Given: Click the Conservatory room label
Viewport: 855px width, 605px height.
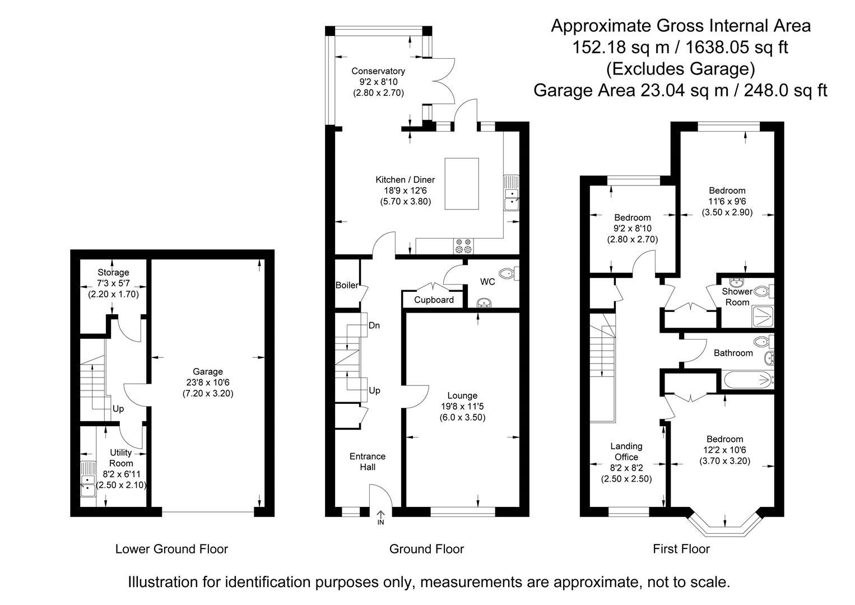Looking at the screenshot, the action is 378,71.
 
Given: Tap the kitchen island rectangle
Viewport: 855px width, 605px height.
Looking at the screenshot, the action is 462,184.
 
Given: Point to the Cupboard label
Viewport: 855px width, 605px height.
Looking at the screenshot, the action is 434,300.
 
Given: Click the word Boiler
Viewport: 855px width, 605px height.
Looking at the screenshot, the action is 347,285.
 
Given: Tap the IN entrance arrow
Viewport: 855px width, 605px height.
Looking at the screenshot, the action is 380,517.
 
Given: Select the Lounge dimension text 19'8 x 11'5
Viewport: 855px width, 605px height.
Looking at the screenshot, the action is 462,406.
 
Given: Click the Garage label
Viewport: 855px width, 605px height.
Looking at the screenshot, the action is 208,371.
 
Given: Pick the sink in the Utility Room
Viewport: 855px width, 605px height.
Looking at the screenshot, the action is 88,479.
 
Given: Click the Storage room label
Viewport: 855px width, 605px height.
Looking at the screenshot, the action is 113,272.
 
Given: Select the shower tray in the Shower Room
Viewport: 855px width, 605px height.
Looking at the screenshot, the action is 763,317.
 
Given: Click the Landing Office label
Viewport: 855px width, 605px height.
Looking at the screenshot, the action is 626,452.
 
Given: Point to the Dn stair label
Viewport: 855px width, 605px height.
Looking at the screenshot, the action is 374,325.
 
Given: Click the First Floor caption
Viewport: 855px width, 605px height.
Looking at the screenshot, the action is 681,549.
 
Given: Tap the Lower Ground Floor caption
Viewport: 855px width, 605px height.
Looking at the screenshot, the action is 171,549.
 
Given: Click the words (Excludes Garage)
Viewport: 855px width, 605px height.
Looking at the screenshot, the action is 681,69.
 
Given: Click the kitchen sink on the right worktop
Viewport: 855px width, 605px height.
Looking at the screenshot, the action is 511,193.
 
